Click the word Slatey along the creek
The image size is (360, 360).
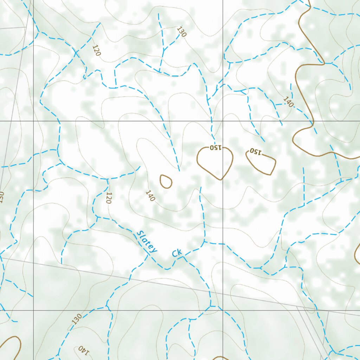pos(147,242)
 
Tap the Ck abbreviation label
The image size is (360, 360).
pos(177,253)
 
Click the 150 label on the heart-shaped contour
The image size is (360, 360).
pos(215,148)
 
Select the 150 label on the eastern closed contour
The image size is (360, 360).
pos(256,152)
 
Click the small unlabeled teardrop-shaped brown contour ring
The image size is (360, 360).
pos(166,181)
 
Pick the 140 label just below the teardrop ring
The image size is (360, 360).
pos(150,196)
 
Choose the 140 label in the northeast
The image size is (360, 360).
pos(288,102)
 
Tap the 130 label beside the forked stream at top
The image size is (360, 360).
pos(182,32)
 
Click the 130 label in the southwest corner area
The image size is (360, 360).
pos(77,319)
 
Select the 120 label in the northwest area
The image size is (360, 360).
pos(97,51)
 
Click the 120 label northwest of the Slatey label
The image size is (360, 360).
pos(109,198)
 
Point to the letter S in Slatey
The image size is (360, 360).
pos(140,234)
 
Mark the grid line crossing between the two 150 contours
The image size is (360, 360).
pos(223,121)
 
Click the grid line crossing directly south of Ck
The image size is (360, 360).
pos(223,310)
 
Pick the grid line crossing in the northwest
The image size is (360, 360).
pos(33,121)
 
